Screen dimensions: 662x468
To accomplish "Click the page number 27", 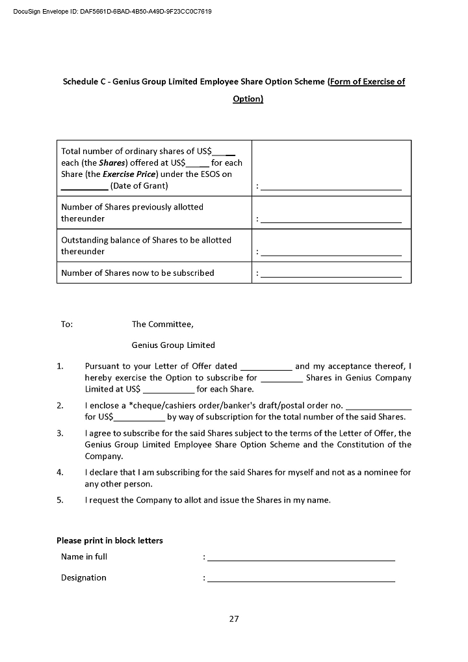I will (234, 618).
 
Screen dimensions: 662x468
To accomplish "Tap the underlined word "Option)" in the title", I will (248, 99).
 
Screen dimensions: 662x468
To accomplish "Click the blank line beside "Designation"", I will (301, 579).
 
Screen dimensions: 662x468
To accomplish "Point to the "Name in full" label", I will (84, 557).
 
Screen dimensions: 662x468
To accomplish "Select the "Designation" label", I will (83, 577).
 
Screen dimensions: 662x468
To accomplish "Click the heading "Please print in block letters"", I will (109, 540).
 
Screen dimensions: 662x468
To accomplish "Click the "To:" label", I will (67, 324).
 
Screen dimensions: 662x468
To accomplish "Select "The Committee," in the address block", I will (162, 324).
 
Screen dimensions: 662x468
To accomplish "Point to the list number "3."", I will (60, 433).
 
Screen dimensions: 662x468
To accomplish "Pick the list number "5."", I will (60, 500).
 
